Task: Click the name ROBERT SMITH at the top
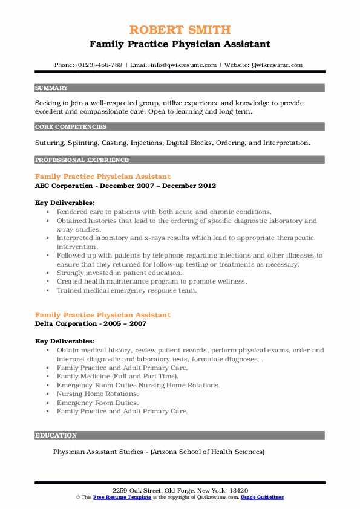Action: pos(180,30)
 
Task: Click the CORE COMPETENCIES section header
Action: pos(71,127)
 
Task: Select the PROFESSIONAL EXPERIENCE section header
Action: pos(82,160)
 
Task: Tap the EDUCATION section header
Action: pos(56,435)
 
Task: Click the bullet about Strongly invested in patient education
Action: pos(119,273)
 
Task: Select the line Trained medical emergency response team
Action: pos(126,290)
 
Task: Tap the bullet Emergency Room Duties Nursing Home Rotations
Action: pos(138,384)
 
